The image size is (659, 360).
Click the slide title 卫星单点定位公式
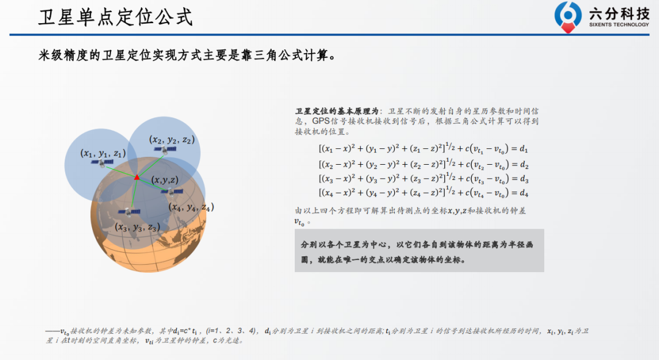115,18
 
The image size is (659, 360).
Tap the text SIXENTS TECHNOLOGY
619,25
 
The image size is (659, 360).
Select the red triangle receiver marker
137,178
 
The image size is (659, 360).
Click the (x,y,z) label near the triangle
165,180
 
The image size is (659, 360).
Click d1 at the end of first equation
524,149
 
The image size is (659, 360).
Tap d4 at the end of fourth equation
524,193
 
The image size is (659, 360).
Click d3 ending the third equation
524,179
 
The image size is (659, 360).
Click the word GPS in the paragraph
321,121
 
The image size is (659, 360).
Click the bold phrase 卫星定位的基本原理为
337,111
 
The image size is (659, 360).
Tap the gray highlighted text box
419,250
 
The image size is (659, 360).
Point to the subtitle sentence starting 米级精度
187,55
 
